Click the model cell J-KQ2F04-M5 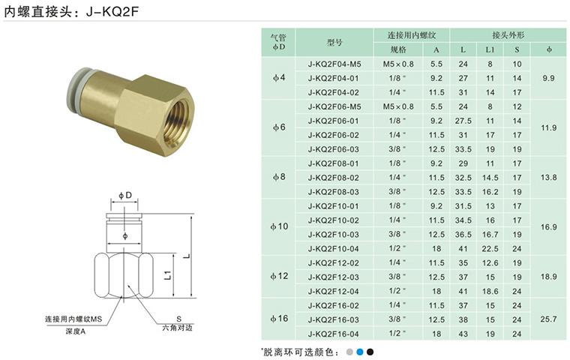click(334, 64)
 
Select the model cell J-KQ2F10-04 click(333, 249)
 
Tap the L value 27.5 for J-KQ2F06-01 click(463, 121)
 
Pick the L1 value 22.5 click(490, 249)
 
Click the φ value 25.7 click(548, 319)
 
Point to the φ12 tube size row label click(279, 276)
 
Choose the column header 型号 click(334, 42)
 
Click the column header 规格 click(398, 49)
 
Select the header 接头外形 click(508, 35)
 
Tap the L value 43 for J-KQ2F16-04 click(463, 334)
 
